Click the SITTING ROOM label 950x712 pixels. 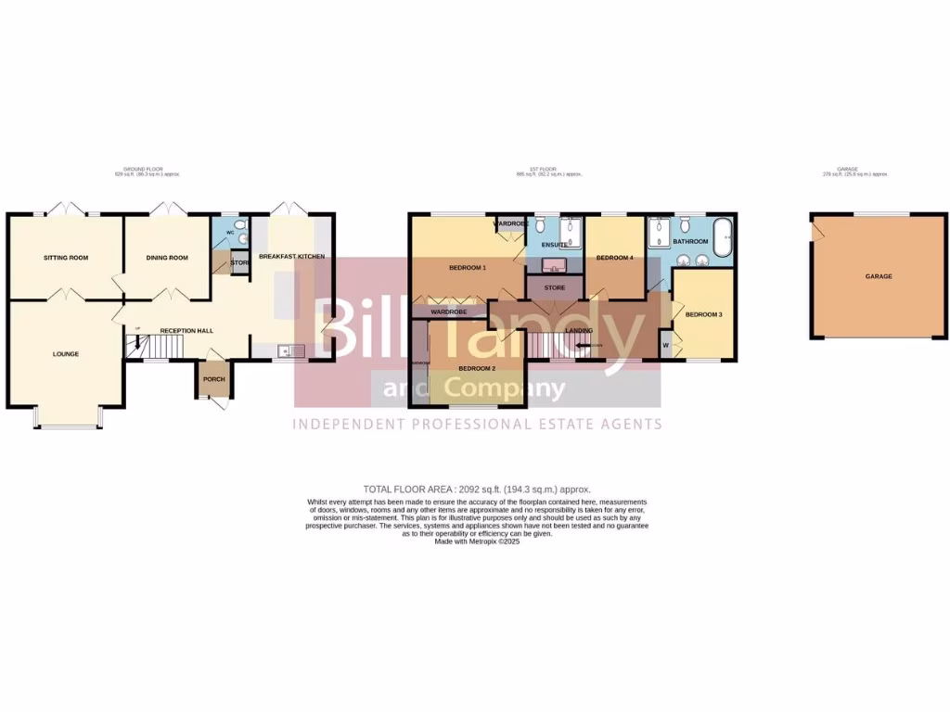(66, 258)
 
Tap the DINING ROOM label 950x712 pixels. (167, 258)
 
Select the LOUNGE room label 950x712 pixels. (66, 354)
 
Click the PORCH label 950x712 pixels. (213, 379)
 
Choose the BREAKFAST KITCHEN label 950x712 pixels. (291, 256)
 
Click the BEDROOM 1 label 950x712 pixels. (468, 268)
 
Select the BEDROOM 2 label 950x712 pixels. (477, 368)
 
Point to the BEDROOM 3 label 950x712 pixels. (703, 314)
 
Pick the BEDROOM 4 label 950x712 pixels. (614, 258)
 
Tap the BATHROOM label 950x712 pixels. (691, 242)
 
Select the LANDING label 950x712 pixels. (580, 330)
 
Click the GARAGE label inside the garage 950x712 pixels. (879, 276)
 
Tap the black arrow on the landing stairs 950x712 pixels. (584, 346)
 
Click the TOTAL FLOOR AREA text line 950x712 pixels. (476, 489)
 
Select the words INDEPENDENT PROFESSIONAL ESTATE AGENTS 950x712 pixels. (478, 424)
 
